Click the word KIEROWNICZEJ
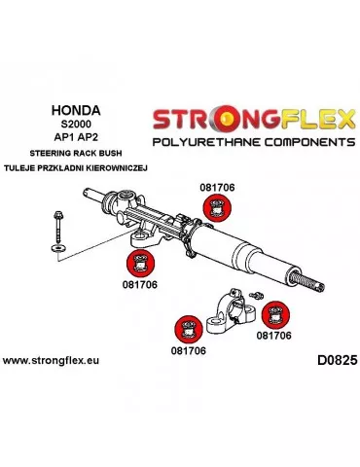(x=116, y=166)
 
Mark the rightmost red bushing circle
(x=277, y=315)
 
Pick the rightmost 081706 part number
(x=275, y=336)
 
